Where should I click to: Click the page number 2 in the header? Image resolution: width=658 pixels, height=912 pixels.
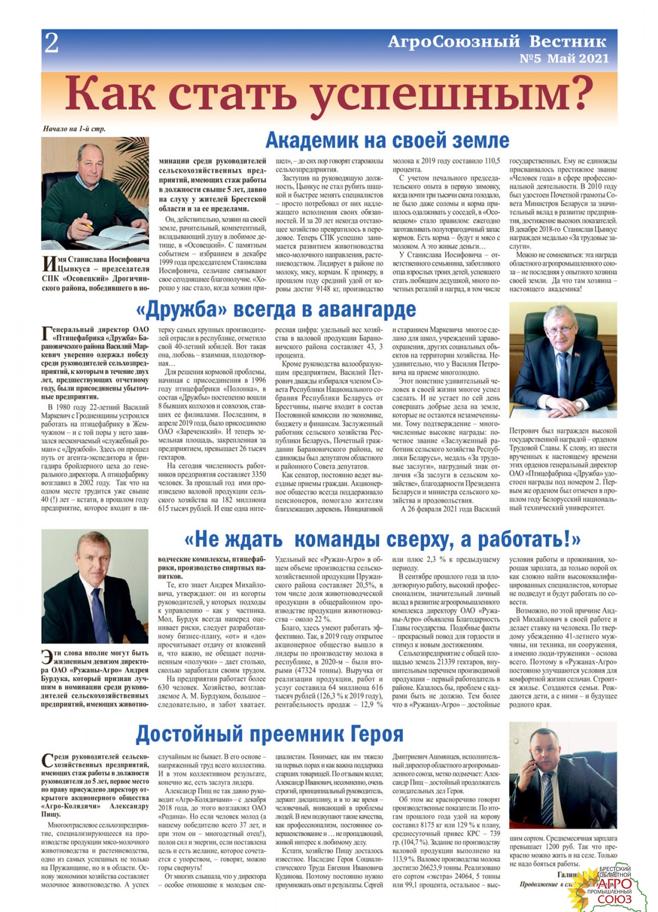point(52,43)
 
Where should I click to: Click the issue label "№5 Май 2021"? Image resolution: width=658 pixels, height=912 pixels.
point(564,59)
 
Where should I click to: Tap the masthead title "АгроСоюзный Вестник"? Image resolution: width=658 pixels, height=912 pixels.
point(497,41)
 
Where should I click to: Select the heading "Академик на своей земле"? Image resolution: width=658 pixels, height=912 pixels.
point(387,140)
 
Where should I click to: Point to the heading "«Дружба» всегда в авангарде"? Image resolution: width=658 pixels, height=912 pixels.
point(276,309)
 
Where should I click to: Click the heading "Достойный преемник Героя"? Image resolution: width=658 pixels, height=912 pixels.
point(269,734)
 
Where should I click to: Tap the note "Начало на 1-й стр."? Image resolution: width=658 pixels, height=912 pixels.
point(74,129)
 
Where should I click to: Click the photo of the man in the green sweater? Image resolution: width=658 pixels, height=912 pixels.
point(95,193)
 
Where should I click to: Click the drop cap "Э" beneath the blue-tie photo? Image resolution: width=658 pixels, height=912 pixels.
point(47,657)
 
